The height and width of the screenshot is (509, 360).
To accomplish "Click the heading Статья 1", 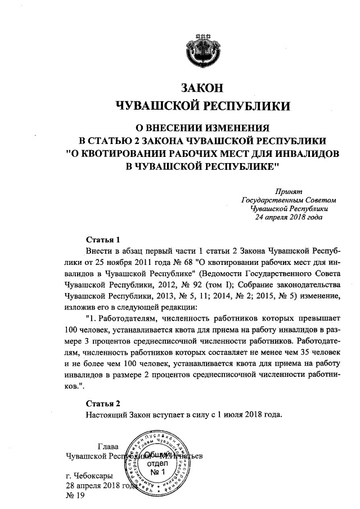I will (x=103, y=238).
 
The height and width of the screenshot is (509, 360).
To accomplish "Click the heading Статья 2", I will (x=103, y=404).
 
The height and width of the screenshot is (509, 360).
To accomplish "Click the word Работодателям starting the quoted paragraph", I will (x=125, y=319).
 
